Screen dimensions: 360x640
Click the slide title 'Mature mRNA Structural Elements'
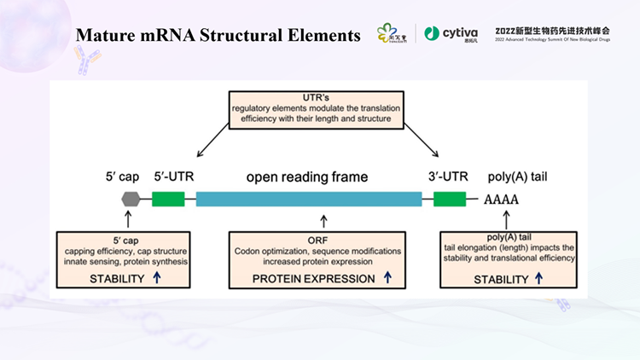click(x=218, y=35)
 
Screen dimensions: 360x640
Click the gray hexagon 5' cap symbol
click(x=131, y=199)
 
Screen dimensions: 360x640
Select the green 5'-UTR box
click(x=168, y=199)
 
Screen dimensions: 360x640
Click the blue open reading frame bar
click(x=309, y=199)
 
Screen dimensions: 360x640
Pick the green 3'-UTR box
click(x=449, y=199)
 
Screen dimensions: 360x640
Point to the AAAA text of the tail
click(x=501, y=200)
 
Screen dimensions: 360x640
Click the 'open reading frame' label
click(x=307, y=177)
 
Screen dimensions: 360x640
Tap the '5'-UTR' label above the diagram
click(x=175, y=177)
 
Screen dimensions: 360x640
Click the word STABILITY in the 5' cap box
click(x=96, y=278)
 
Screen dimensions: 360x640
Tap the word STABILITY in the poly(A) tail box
click(x=502, y=278)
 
